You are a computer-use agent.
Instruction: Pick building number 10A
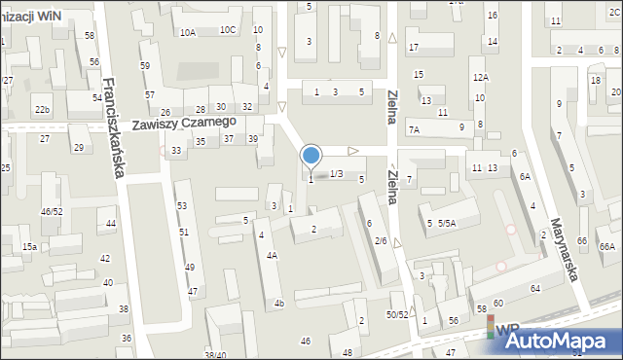187,32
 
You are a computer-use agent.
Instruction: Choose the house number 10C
228,30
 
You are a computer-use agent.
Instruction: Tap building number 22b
41,110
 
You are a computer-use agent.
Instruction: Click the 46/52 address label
52,211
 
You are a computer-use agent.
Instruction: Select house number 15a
30,247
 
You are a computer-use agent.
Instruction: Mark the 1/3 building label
336,173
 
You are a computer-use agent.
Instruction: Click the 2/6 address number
381,240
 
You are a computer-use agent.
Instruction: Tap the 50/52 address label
396,314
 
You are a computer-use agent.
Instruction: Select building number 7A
414,129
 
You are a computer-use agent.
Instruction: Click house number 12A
480,77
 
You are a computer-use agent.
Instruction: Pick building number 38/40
215,355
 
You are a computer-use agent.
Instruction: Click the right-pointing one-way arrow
353,151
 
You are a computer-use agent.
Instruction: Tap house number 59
145,65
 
